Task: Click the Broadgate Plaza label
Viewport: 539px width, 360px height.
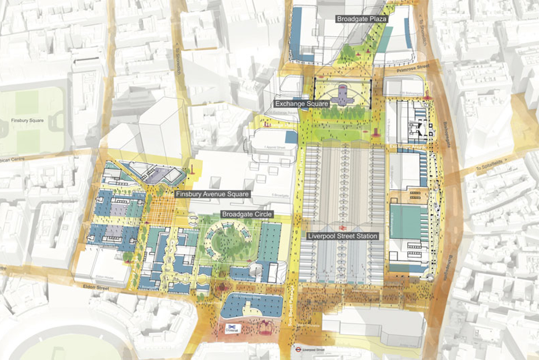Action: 362,19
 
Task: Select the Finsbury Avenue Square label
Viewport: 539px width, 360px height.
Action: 212,194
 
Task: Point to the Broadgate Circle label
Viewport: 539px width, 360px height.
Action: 247,215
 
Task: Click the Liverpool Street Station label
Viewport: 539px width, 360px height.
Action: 342,236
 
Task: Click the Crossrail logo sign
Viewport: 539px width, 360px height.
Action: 233,329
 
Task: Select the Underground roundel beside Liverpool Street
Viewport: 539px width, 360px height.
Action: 297,349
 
